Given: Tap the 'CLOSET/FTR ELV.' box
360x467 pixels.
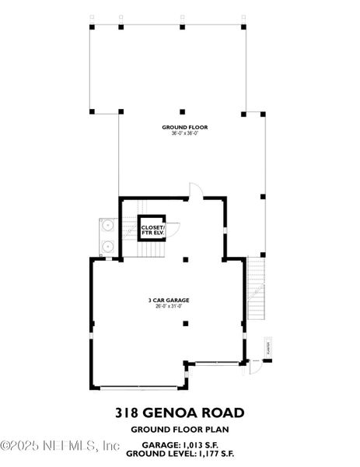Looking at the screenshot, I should [x=152, y=228].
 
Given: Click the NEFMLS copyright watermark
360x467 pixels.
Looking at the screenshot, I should [x=60, y=446].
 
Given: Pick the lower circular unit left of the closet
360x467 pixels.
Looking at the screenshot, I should [x=108, y=246].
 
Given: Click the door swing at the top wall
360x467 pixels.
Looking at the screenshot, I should [x=196, y=190].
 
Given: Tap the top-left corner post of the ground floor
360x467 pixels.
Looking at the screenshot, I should [x=92, y=27].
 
